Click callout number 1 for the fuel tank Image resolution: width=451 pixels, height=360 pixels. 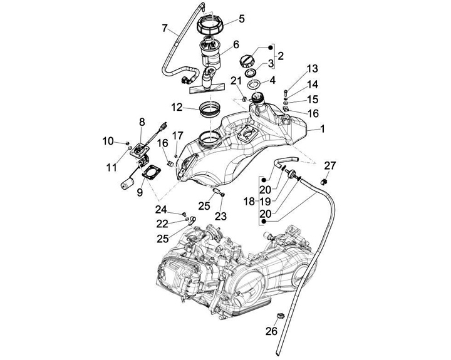click(323, 130)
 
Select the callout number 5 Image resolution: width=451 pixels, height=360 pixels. click(241, 19)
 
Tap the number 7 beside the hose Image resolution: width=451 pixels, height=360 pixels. click(165, 28)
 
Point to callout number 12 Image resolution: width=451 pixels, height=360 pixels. click(177, 108)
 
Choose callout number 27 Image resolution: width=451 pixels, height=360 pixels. click(330, 165)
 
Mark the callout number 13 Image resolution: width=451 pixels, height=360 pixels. click(312, 68)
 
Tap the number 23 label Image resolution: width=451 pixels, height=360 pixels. click(219, 217)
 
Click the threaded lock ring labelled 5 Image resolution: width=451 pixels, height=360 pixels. click(210, 27)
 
